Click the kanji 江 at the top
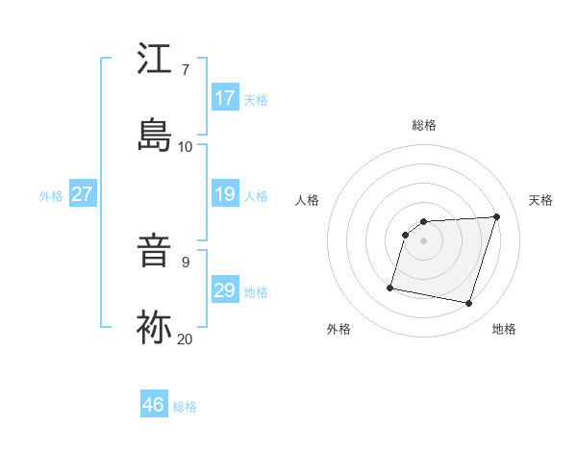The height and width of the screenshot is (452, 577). (x=154, y=61)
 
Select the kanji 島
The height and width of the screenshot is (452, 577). (x=154, y=135)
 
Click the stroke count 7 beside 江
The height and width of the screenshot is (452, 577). (x=186, y=70)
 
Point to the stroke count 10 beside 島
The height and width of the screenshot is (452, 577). (x=186, y=146)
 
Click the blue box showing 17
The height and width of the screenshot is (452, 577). (x=225, y=98)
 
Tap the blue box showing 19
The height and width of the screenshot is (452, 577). (x=225, y=194)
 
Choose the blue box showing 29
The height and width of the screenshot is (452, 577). (x=225, y=290)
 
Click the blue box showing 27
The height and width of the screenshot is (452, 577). (x=83, y=194)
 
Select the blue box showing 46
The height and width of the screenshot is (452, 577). (x=154, y=405)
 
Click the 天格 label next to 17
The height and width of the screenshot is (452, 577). (x=256, y=100)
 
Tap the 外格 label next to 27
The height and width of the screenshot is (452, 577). (x=51, y=196)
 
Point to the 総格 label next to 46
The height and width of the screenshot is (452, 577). (x=185, y=407)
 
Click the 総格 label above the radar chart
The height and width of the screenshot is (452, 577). (x=424, y=125)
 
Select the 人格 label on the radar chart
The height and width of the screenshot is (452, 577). (x=308, y=200)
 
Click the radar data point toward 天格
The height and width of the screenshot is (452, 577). (x=497, y=216)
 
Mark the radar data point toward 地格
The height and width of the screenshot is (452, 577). (x=469, y=304)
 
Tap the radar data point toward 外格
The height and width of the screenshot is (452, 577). (x=390, y=287)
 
